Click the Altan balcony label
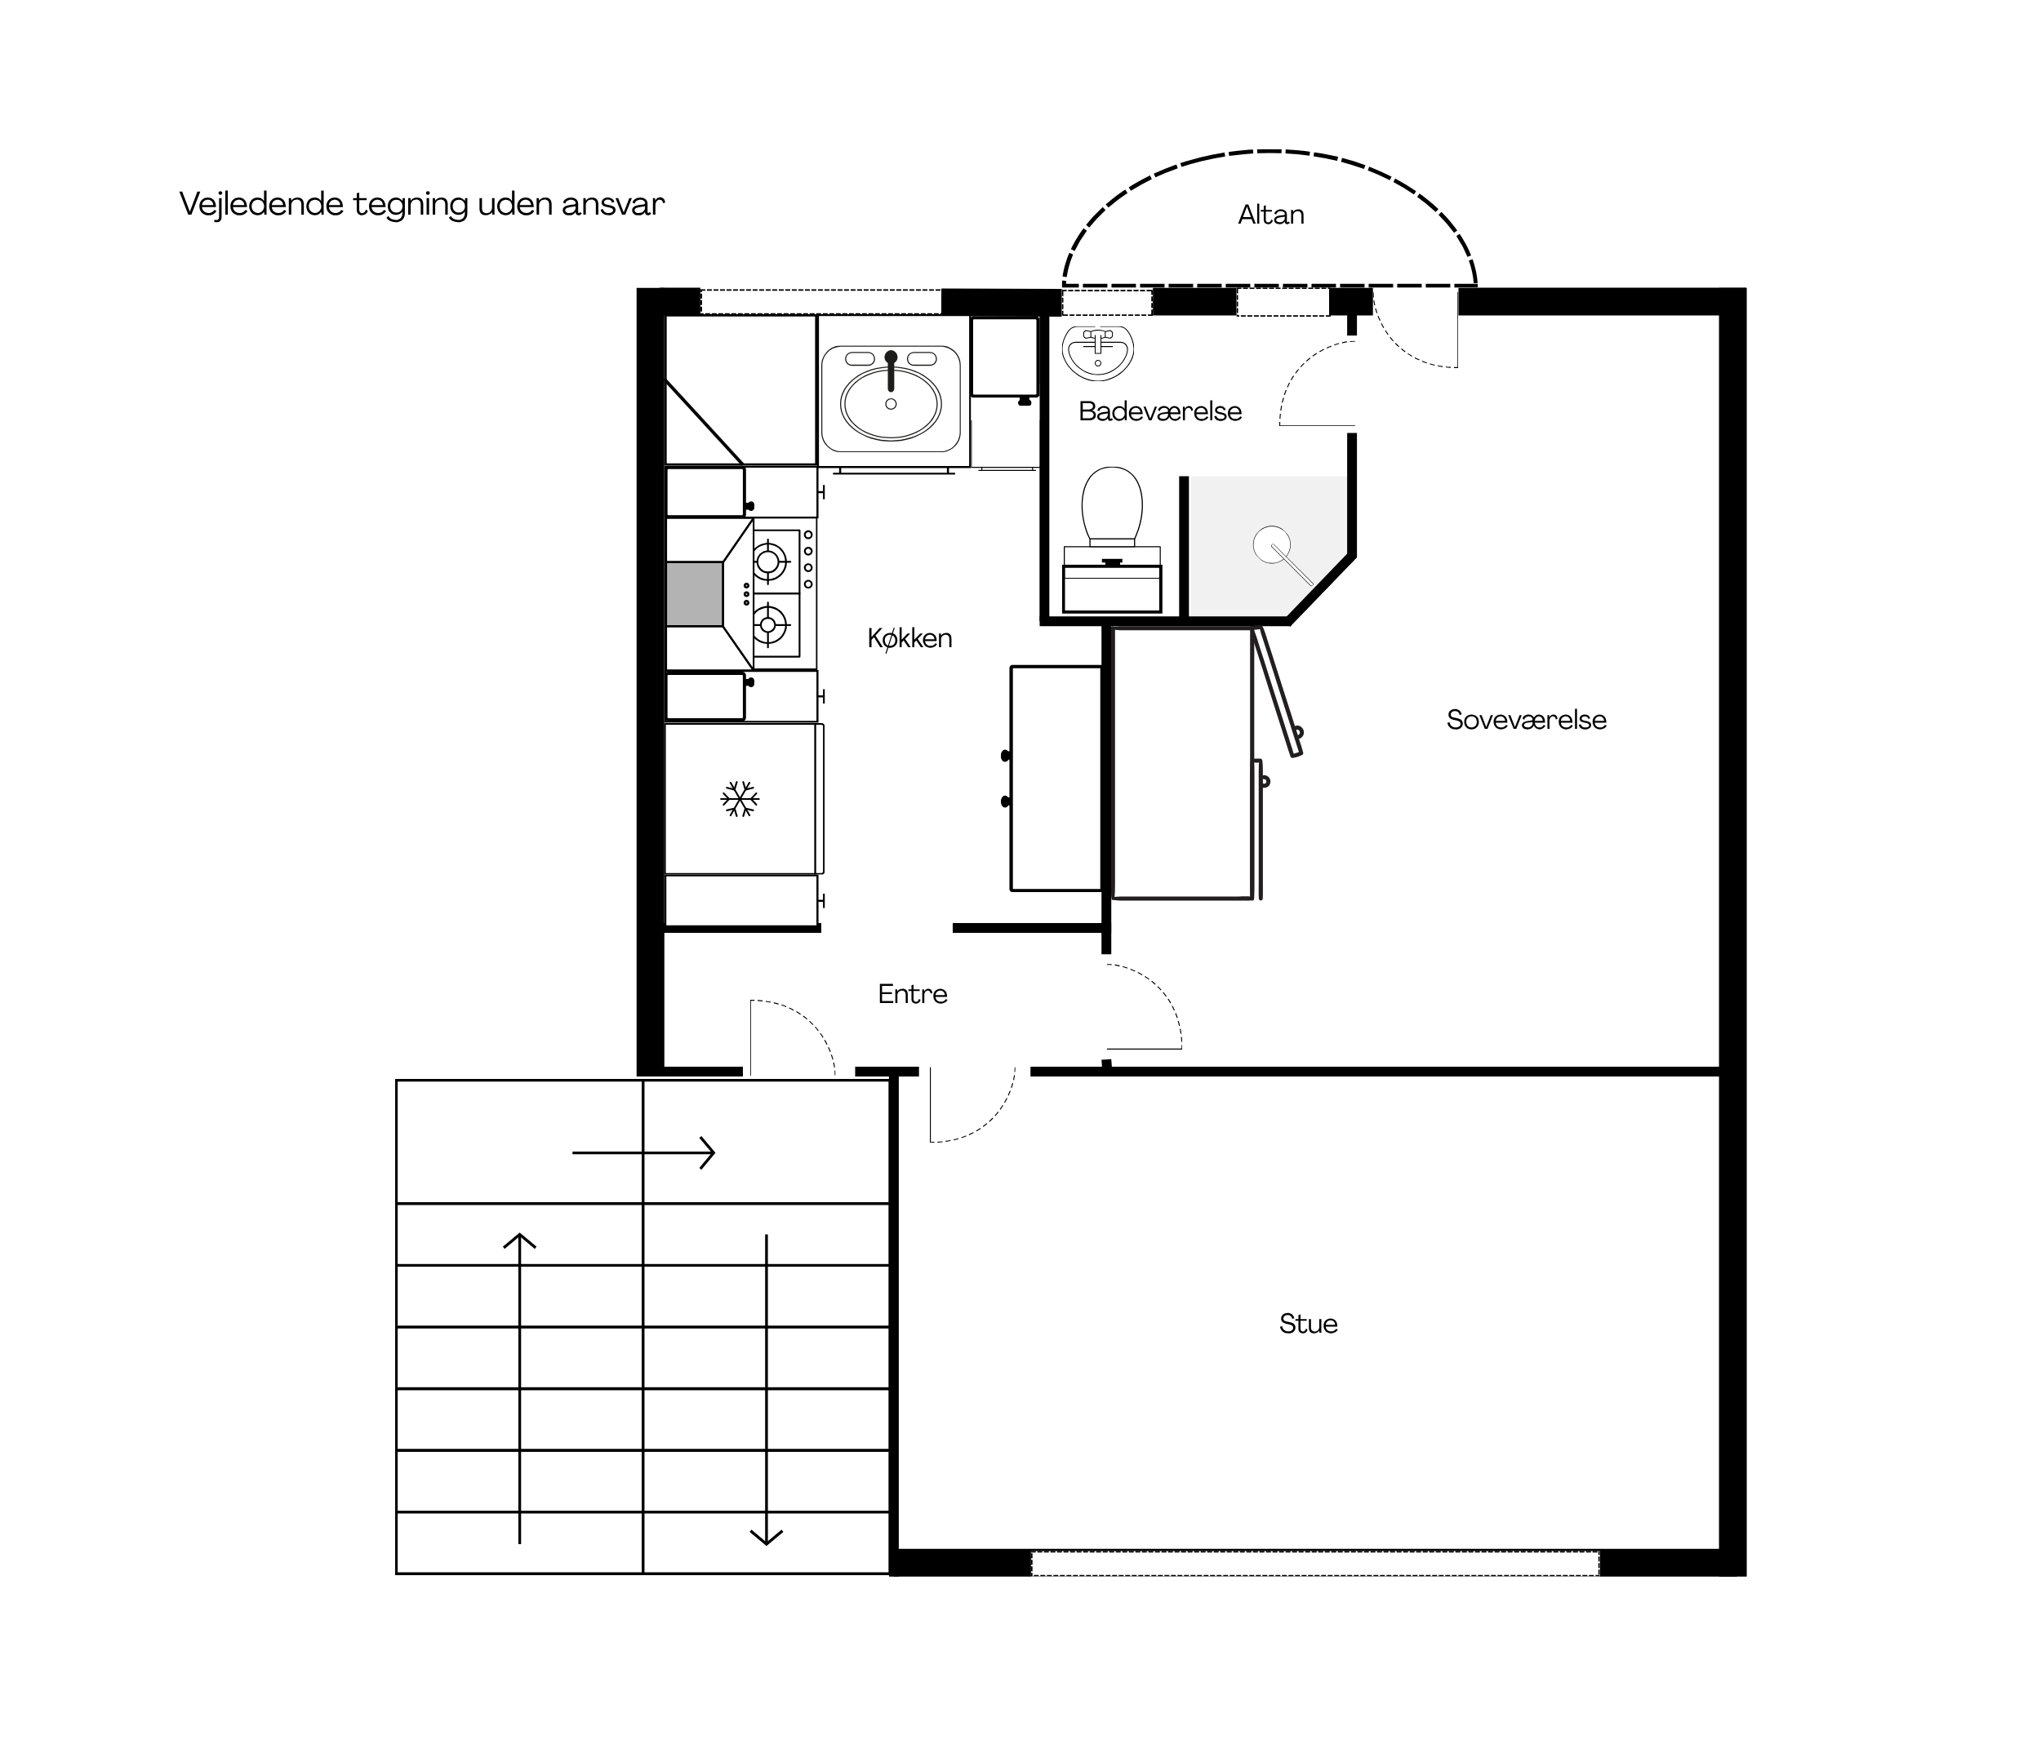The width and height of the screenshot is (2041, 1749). [1270, 215]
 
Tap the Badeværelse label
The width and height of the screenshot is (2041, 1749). [1159, 411]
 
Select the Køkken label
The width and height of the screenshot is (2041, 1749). [909, 638]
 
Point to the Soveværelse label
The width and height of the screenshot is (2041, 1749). [1526, 720]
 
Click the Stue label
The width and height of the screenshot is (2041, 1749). [1308, 1324]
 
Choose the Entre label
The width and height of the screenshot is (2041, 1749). [912, 994]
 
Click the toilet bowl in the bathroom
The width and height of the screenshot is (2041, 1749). [1112, 505]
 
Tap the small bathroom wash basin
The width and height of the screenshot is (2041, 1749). [1098, 353]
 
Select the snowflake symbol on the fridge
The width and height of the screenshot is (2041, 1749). [740, 799]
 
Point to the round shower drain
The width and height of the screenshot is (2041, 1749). [1272, 544]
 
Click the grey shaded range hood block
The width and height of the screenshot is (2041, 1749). [695, 594]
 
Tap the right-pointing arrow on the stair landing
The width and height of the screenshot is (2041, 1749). [643, 1152]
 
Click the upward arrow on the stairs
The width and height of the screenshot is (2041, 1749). [519, 1387]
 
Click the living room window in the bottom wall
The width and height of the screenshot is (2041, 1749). [1315, 1563]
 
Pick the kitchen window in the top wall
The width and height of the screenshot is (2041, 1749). [820, 301]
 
